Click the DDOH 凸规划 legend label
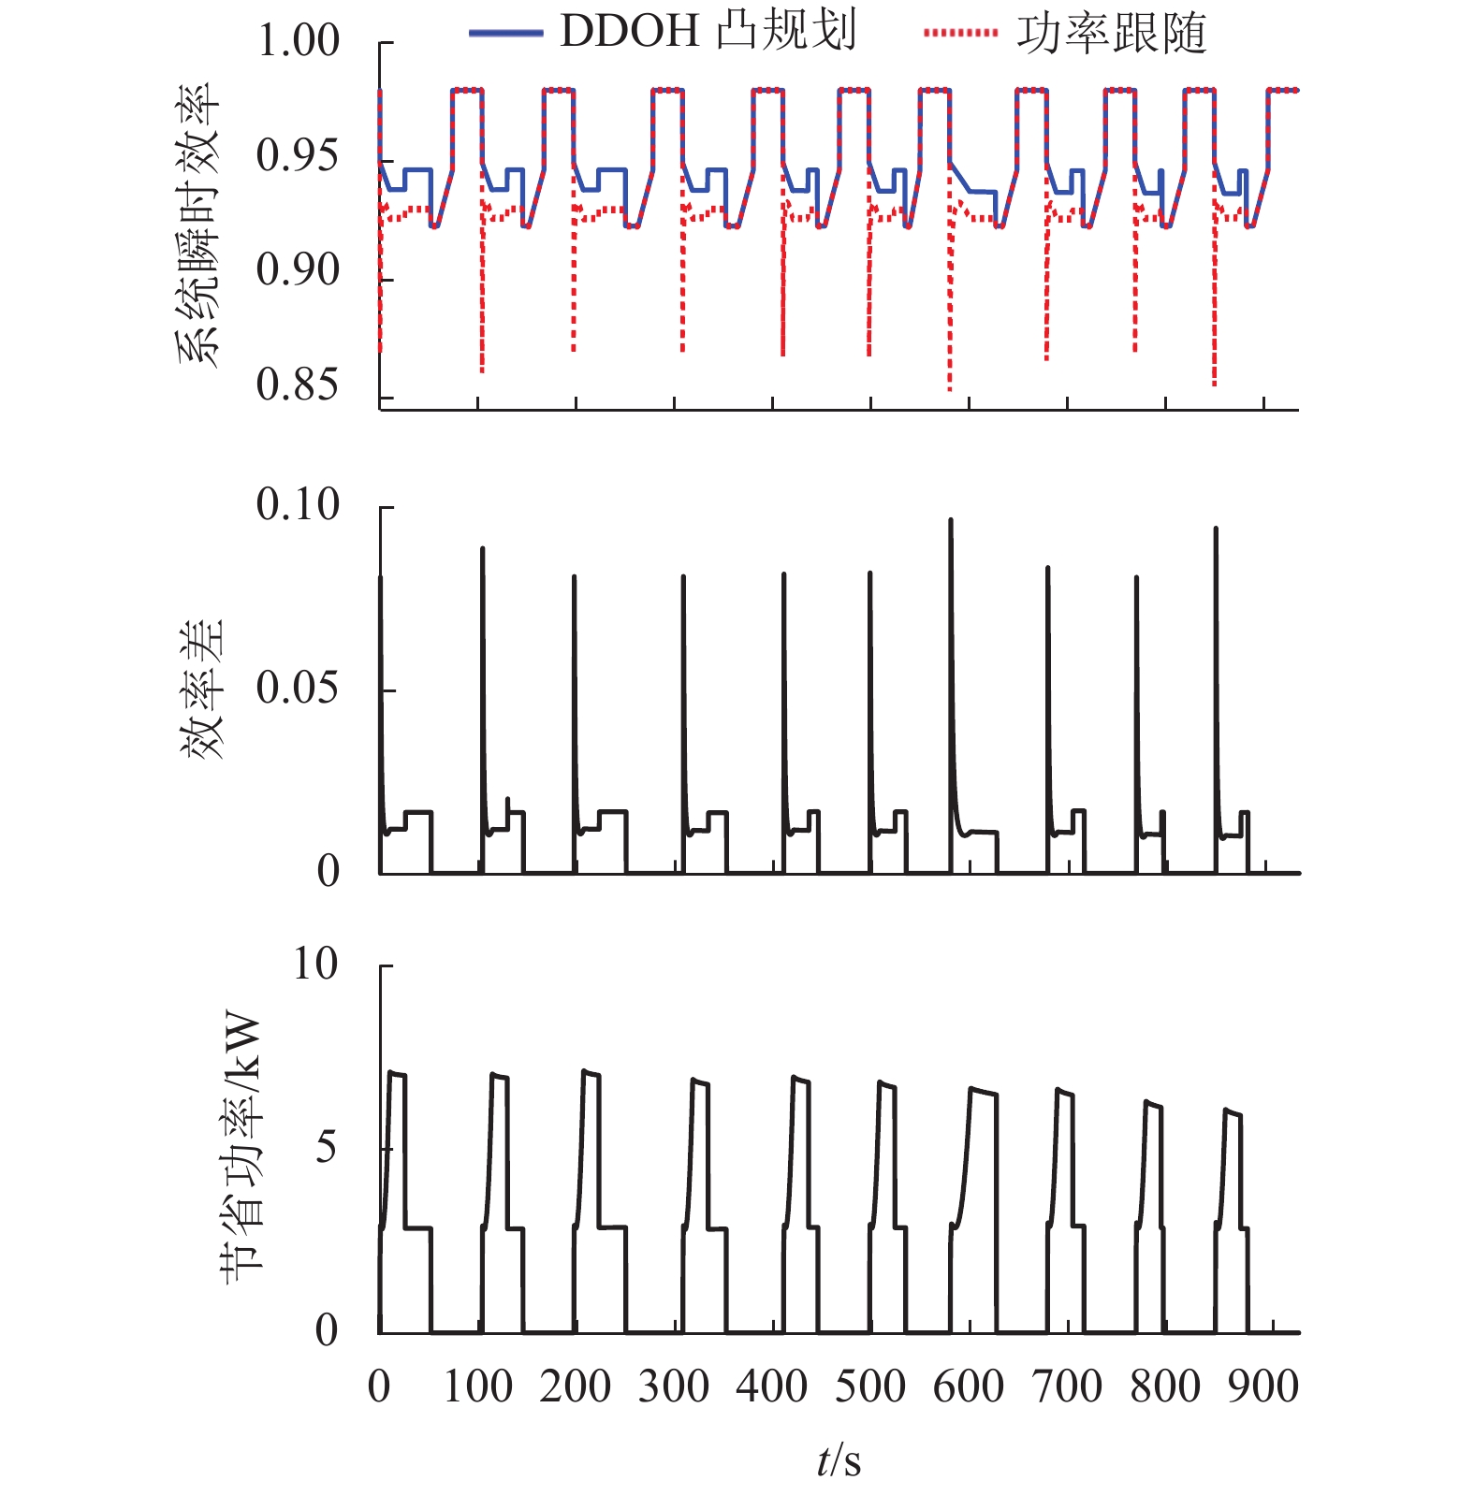708,32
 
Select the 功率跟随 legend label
1112,34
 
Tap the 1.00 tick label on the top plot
298,41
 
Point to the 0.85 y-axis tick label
298,385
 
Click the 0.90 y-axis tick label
298,270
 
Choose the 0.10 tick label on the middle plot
298,505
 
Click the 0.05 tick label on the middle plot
298,689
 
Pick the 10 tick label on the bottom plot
314,964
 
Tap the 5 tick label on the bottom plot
326,1147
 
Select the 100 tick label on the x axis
477,1386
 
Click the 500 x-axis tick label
870,1386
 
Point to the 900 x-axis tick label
1263,1386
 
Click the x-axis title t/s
839,1460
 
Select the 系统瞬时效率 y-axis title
197,225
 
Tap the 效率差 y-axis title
202,689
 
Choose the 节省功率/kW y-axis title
241,1147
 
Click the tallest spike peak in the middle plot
951,520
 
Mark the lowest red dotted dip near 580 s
950,389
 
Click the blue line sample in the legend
505,34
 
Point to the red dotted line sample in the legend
960,34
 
